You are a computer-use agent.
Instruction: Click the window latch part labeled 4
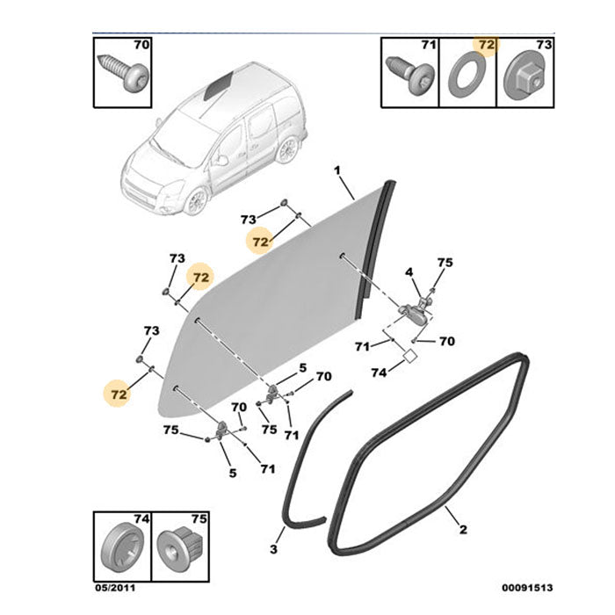coord(414,308)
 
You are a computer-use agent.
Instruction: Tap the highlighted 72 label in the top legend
coord(485,45)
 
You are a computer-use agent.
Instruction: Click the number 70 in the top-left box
coord(141,44)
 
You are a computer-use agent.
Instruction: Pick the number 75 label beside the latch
coord(445,262)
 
